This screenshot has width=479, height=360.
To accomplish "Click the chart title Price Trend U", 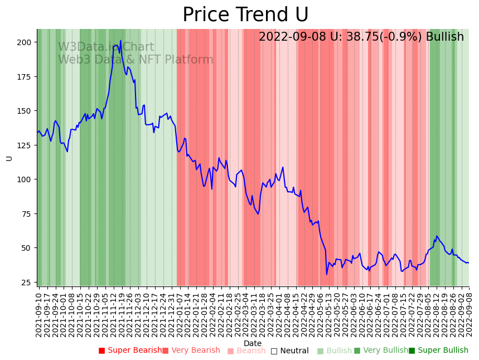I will [x=245, y=15].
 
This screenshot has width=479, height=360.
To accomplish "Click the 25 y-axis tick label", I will [x=26, y=283].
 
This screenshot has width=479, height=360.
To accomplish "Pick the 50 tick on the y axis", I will [x=26, y=248].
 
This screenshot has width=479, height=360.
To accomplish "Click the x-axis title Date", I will [x=253, y=343].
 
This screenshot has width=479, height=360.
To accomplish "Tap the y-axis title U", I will [x=9, y=158].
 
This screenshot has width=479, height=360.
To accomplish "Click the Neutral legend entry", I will [x=290, y=351].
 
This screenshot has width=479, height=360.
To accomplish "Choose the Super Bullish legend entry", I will [x=439, y=351].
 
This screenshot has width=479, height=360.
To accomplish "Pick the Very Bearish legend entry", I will [x=191, y=351].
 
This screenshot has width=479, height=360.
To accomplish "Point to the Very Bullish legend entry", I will [x=381, y=351].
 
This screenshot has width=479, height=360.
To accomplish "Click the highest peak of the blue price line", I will [x=120, y=41].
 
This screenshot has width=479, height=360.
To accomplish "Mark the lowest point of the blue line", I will [x=327, y=274].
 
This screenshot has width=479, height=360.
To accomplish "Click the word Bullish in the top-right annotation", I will [x=444, y=37].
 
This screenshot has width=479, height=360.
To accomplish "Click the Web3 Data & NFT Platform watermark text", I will [x=136, y=60].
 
